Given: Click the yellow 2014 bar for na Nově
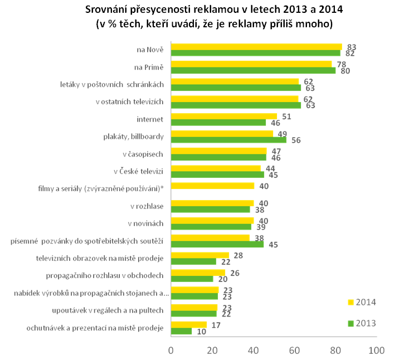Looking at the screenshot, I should tap(256, 47).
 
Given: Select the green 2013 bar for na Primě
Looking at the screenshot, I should tap(253, 71).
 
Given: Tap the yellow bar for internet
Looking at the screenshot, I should tap(223, 116).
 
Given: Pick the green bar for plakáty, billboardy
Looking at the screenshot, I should tap(228, 140).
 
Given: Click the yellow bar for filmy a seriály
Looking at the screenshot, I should tap(212, 186).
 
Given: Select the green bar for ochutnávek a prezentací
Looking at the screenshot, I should tap(181, 331).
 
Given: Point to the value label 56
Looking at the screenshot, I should tap(296, 140).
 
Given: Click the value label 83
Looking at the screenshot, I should tap(352, 47).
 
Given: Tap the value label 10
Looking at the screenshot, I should tap(201, 332).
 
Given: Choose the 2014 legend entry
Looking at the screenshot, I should tap(362, 302).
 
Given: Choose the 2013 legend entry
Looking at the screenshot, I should tap(362, 323).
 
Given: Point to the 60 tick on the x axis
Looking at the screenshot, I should tap(294, 351).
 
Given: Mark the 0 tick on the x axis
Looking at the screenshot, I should tap(171, 351).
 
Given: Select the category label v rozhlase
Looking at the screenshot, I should tap(145, 206).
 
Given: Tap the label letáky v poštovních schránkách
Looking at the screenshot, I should tap(111, 85).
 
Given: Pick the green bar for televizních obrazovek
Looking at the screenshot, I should tap(193, 261).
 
